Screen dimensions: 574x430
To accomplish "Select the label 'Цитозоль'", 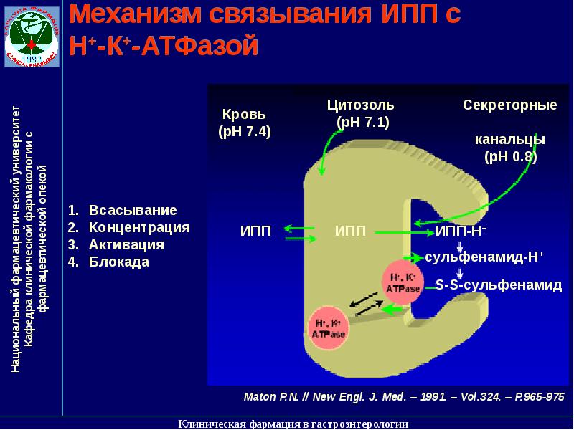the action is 360,105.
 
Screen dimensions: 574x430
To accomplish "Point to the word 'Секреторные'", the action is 509,105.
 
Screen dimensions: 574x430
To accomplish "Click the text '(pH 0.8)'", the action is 510,156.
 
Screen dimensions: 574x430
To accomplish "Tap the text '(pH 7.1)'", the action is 362,122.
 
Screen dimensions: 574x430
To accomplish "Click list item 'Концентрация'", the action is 139,228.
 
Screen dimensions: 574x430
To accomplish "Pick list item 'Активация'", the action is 126,245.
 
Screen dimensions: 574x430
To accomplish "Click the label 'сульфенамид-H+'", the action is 484,257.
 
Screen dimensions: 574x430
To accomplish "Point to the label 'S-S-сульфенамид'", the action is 498,285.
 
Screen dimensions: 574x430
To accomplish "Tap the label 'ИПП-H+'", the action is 461,231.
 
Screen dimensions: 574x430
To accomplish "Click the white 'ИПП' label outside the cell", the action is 255,231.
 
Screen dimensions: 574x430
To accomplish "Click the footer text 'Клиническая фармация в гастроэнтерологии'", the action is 293,424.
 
